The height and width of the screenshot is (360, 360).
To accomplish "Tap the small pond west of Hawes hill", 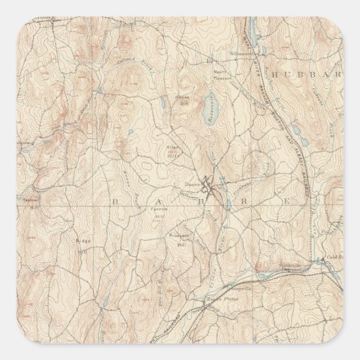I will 163,107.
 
